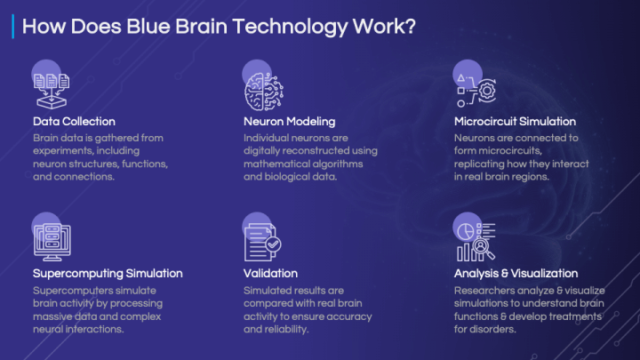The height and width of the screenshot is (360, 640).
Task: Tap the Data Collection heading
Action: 74,121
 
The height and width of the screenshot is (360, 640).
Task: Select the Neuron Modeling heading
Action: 290,122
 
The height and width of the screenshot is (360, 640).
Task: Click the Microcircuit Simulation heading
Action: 515,121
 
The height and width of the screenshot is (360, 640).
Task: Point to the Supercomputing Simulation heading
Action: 108,274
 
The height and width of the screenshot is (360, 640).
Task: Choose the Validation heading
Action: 270,273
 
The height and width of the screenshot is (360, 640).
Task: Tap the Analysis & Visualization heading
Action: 516,273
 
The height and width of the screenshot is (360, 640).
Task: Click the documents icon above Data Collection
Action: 52,91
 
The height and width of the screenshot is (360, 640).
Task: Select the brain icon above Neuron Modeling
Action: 264,92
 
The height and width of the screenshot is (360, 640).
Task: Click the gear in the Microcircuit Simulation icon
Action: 486,90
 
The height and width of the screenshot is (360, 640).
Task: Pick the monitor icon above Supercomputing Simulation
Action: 52,242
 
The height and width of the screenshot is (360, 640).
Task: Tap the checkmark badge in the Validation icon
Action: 273,244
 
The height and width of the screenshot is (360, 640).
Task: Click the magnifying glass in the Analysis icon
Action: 484,249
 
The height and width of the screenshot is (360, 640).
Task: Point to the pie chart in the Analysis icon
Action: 465,231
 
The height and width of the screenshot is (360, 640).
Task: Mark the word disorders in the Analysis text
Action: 493,330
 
